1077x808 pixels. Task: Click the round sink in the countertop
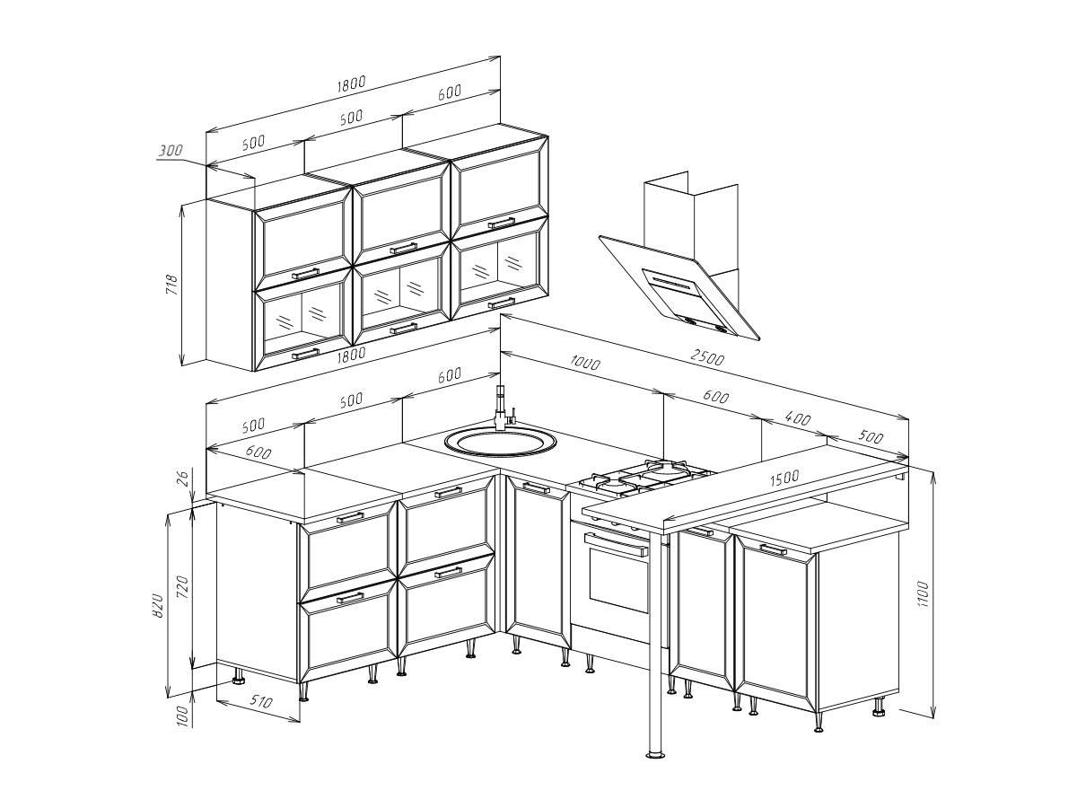click(501, 443)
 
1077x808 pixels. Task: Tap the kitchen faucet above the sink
click(503, 408)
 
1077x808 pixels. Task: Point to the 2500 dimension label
click(707, 357)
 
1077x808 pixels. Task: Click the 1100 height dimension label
click(923, 594)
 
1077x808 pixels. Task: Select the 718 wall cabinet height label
click(172, 285)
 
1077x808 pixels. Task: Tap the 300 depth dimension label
click(171, 150)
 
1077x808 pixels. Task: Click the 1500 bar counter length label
click(784, 479)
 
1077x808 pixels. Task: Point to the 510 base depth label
click(260, 701)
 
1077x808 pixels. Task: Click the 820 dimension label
click(157, 605)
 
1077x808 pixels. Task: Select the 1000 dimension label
click(585, 363)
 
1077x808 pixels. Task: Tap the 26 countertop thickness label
click(181, 478)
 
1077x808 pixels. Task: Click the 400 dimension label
click(798, 418)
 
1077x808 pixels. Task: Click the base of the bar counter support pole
click(655, 754)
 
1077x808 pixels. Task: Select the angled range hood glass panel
click(679, 287)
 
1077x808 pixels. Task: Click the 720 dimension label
click(182, 587)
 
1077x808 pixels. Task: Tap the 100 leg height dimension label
click(182, 716)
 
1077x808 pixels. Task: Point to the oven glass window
click(619, 583)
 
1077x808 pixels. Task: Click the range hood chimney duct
click(692, 221)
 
